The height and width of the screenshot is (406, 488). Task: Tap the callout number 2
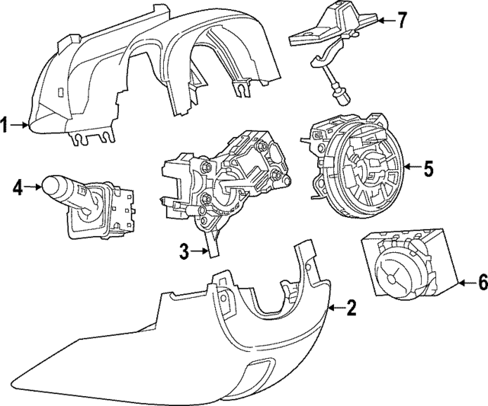pos(351,308)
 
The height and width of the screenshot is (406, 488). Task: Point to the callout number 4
pos(18,185)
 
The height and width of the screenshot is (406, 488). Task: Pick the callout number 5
pos(428,168)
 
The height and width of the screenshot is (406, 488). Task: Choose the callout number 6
pos(481,283)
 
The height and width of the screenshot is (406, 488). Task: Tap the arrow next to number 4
pos(34,185)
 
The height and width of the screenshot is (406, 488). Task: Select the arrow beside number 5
pos(410,168)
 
